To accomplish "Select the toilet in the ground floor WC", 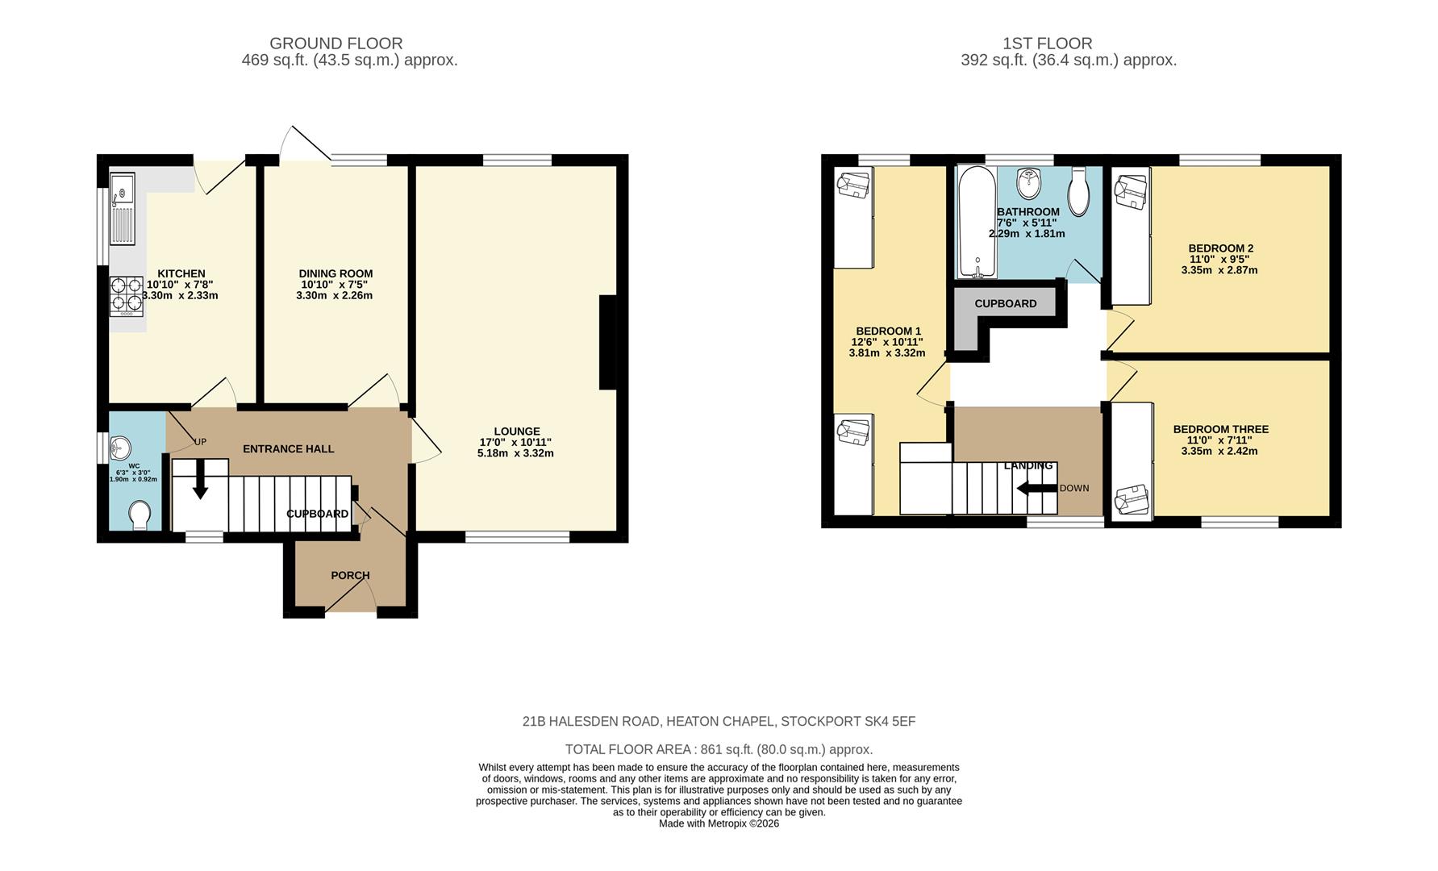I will click(140, 515).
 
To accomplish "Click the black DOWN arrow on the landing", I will click(1036, 488).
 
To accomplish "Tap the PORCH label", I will click(350, 575).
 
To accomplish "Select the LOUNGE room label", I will click(517, 431).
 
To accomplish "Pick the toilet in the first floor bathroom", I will click(1079, 191).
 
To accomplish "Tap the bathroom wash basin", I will click(1027, 185).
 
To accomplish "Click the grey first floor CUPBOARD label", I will click(1005, 304).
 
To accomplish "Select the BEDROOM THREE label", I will click(1220, 430).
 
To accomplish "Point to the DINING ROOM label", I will click(336, 273).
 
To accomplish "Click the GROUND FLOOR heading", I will click(336, 44).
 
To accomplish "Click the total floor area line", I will click(719, 749).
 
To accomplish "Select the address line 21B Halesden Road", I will click(719, 722).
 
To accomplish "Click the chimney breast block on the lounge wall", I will click(608, 343).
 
